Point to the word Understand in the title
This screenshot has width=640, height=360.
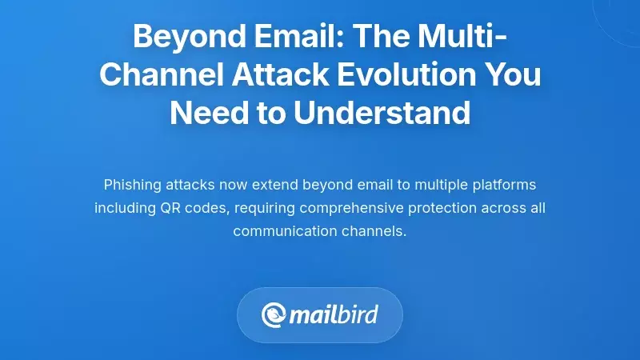click(382, 113)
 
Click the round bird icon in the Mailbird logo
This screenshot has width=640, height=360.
click(274, 314)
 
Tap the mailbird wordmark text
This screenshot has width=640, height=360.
click(334, 314)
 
